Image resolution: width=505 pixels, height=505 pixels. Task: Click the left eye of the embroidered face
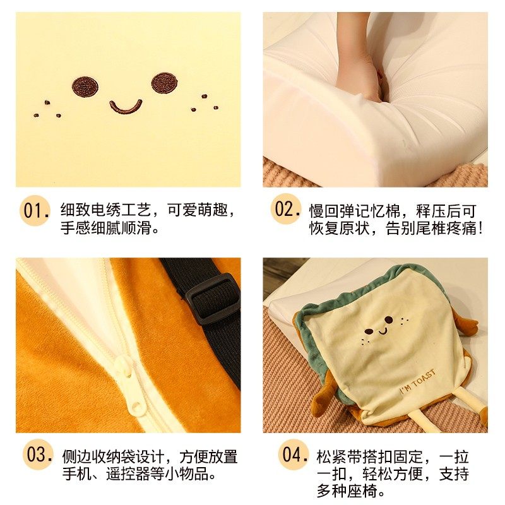tap(83, 86)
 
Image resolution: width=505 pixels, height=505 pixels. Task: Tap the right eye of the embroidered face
tap(163, 83)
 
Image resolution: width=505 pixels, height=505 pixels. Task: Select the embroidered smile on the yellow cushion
tap(125, 107)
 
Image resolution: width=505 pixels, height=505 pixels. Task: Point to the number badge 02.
tap(287, 210)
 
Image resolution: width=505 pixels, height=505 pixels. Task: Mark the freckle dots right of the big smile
tap(201, 104)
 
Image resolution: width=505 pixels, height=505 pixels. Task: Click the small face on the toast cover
tap(378, 331)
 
